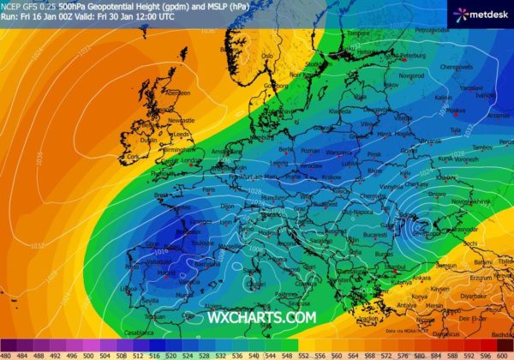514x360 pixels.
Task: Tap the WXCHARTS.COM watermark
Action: pos(261,318)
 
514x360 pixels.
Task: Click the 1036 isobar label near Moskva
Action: pos(468,129)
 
